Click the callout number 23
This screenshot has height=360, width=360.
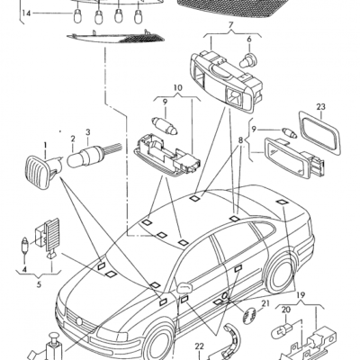(320, 107)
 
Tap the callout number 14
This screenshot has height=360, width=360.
(26, 13)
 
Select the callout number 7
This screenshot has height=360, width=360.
(230, 25)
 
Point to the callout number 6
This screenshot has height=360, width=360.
(249, 40)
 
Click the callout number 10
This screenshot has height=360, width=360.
(177, 88)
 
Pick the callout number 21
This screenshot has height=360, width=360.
(265, 304)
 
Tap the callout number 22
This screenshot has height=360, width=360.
(199, 346)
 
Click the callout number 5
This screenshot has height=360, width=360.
(39, 284)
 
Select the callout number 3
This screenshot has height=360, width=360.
(88, 132)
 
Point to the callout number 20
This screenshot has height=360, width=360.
(285, 310)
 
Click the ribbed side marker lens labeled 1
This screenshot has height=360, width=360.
(38, 172)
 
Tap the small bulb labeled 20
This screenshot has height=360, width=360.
(280, 331)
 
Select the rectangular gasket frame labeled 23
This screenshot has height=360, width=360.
(319, 133)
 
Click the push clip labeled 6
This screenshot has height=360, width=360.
(248, 60)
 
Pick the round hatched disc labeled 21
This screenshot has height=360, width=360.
(248, 316)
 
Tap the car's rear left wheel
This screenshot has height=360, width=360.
(280, 274)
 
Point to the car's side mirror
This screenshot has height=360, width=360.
(184, 288)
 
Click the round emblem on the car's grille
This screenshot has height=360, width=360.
(78, 321)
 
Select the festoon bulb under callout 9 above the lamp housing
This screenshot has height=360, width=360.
(165, 126)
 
